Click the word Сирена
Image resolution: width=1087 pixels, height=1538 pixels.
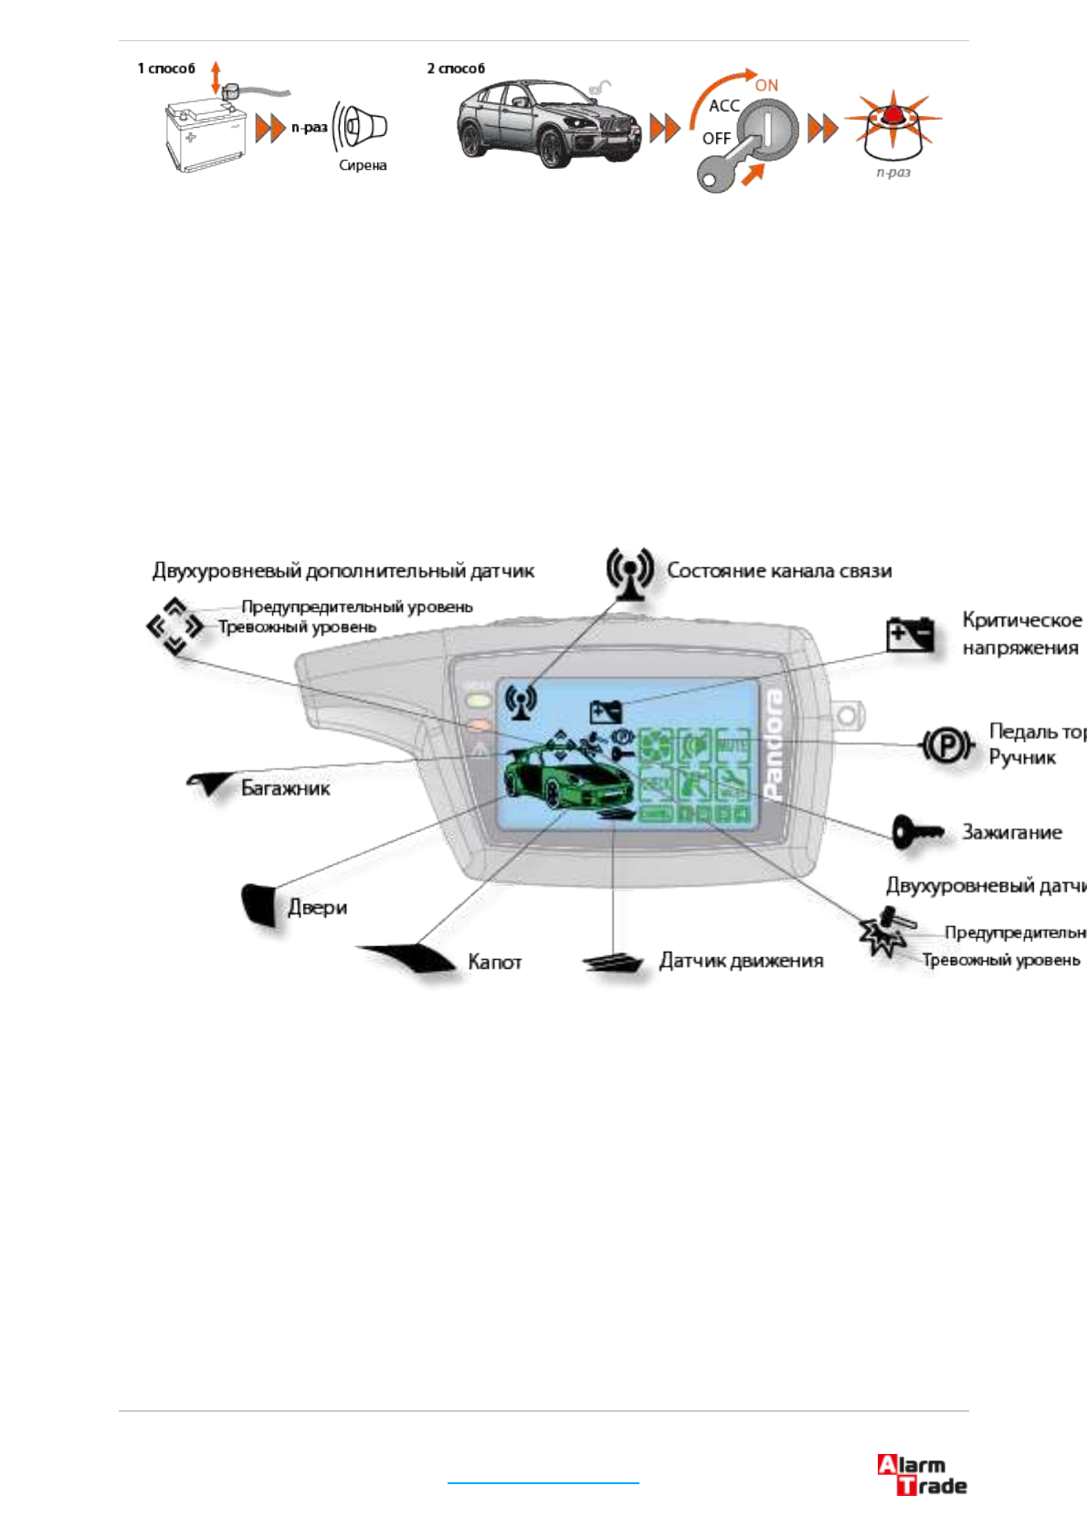pyautogui.click(x=363, y=165)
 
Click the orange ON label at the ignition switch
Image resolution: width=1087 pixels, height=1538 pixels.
pyautogui.click(x=766, y=86)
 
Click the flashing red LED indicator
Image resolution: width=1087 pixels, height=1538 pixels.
pyautogui.click(x=892, y=123)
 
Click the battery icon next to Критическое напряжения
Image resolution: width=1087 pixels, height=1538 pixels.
pyautogui.click(x=911, y=634)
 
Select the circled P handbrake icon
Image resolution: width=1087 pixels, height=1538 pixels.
pyautogui.click(x=946, y=746)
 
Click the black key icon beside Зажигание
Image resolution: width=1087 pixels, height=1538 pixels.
pyautogui.click(x=917, y=832)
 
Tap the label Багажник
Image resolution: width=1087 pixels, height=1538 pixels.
pyautogui.click(x=285, y=788)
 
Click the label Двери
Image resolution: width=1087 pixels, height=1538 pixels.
pyautogui.click(x=318, y=907)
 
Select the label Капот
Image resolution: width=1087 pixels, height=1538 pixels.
pyautogui.click(x=494, y=962)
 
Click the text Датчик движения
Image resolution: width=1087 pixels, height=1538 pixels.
pyautogui.click(x=741, y=961)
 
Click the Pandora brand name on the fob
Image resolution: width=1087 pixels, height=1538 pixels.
pyautogui.click(x=773, y=745)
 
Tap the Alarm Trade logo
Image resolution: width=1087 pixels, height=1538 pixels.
pyautogui.click(x=922, y=1475)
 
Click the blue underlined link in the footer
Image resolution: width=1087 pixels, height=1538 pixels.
pyautogui.click(x=543, y=1482)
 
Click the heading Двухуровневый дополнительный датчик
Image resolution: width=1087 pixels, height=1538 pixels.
pyautogui.click(x=343, y=572)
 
